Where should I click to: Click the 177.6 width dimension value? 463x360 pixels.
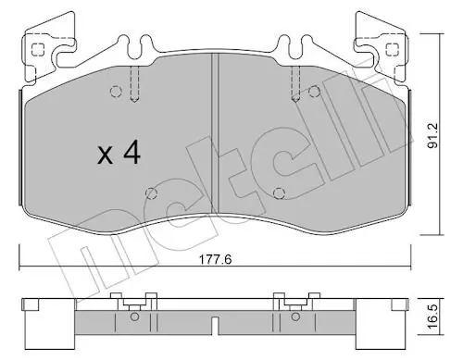click(215, 259)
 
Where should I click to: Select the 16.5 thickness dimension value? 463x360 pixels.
click(433, 317)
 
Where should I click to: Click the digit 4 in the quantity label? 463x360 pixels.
click(132, 153)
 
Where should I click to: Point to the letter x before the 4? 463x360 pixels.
click(105, 155)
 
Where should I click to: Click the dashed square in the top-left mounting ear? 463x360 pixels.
click(38, 49)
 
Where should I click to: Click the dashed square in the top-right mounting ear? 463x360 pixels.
click(393, 49)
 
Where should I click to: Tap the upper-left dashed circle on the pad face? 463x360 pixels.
click(116, 92)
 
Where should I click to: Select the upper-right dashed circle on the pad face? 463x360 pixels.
click(314, 92)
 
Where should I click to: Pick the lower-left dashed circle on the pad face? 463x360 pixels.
click(151, 193)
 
